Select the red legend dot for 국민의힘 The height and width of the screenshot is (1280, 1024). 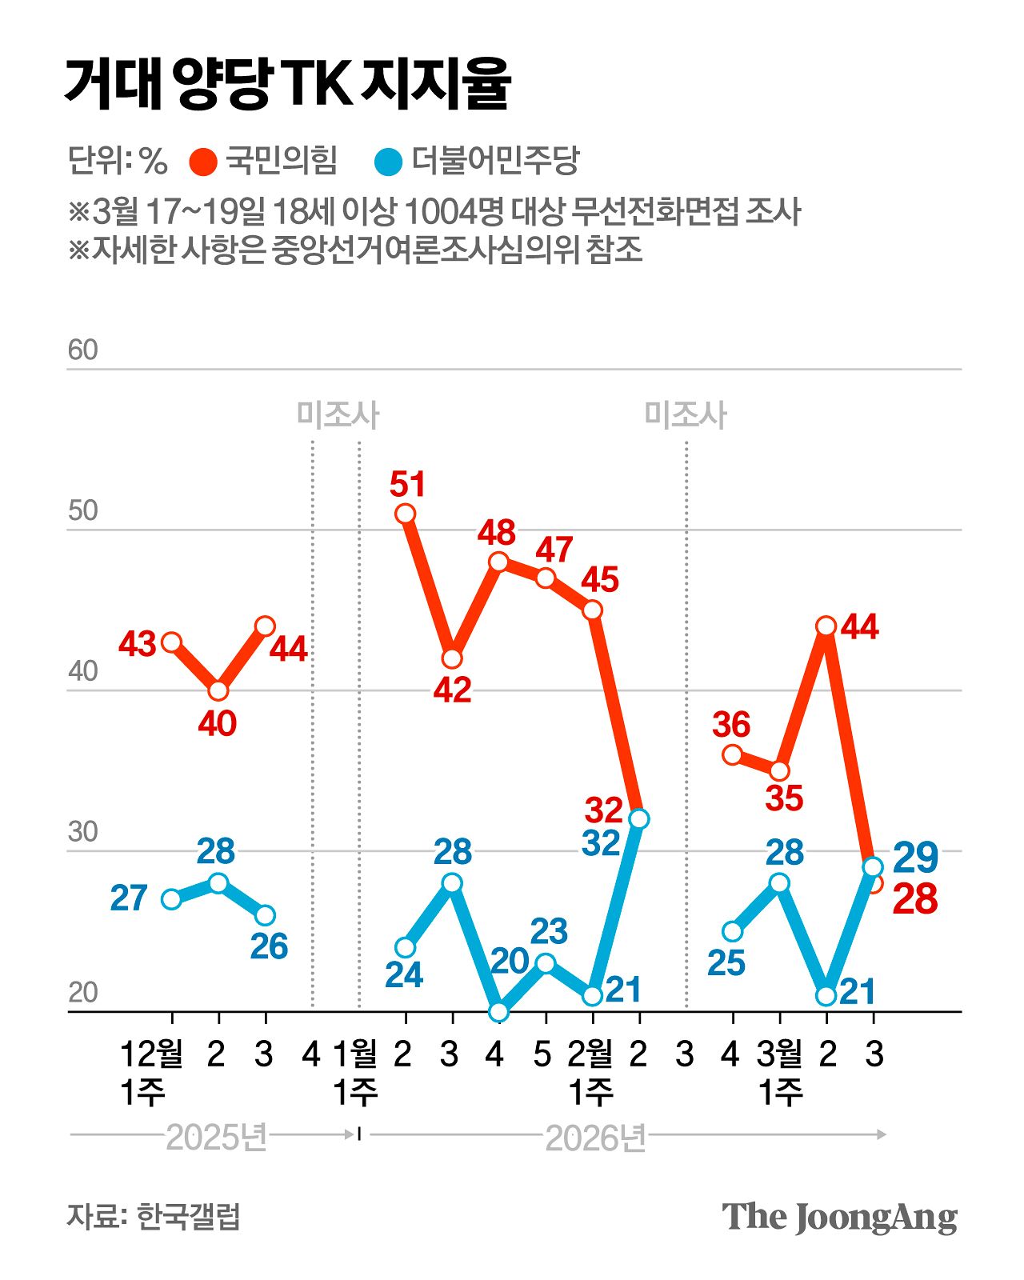[x=203, y=162]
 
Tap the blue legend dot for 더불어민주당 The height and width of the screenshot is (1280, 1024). [x=389, y=162]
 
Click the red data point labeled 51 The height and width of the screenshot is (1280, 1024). [x=406, y=514]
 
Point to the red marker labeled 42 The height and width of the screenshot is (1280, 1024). [x=452, y=658]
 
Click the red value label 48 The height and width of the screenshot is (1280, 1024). [x=496, y=533]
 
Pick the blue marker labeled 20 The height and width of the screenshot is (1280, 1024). [x=498, y=1011]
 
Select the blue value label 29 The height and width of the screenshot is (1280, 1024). [x=914, y=858]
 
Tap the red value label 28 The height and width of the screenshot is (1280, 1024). [x=914, y=899]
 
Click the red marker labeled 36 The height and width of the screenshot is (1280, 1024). [x=732, y=754]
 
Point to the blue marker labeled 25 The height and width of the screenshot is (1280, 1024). [x=732, y=931]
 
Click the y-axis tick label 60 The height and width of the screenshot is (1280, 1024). [x=82, y=350]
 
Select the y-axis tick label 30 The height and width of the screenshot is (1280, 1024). [x=82, y=832]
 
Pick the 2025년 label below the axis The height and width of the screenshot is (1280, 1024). [x=216, y=1137]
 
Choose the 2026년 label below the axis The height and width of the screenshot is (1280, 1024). [x=595, y=1137]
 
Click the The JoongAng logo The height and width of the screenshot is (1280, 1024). [x=839, y=1218]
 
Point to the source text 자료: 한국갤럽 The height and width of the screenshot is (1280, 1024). [x=153, y=1217]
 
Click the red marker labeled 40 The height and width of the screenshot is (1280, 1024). [x=218, y=690]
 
